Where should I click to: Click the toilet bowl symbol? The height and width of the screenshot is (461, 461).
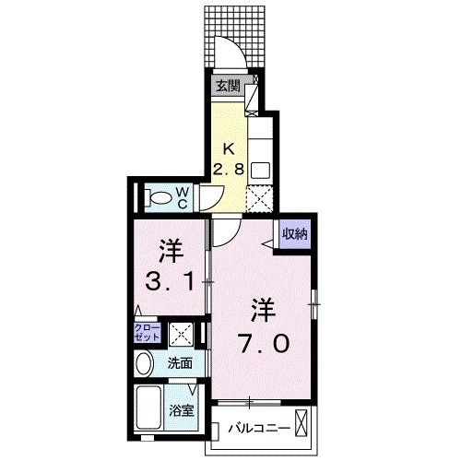(159, 196)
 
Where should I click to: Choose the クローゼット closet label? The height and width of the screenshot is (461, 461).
(149, 333)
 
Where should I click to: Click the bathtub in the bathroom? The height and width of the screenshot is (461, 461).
(149, 406)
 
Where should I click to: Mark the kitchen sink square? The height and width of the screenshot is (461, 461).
(260, 171)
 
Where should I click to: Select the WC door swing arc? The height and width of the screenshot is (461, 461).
(211, 195)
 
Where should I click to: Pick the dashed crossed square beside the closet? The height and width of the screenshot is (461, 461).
(182, 335)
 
